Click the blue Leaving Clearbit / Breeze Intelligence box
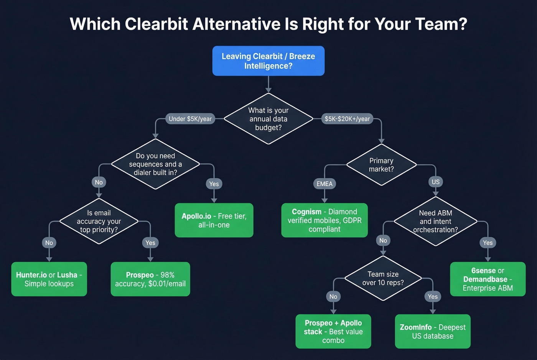point(268,61)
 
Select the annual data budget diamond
point(268,119)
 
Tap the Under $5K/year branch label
point(190,119)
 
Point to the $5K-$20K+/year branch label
point(347,119)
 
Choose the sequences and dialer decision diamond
point(155,164)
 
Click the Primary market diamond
point(381,165)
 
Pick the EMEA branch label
point(325,184)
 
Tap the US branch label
point(436,182)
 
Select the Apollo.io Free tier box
point(214,220)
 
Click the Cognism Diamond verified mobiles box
point(325,220)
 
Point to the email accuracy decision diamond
point(99,221)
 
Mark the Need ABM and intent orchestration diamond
point(435,221)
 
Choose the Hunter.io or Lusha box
point(49,279)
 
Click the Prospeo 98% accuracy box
point(150,279)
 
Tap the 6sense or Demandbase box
point(488,279)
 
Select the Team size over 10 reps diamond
point(383,278)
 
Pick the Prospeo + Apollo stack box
point(333,332)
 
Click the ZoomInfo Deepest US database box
point(433,332)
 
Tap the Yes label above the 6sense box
point(488,243)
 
